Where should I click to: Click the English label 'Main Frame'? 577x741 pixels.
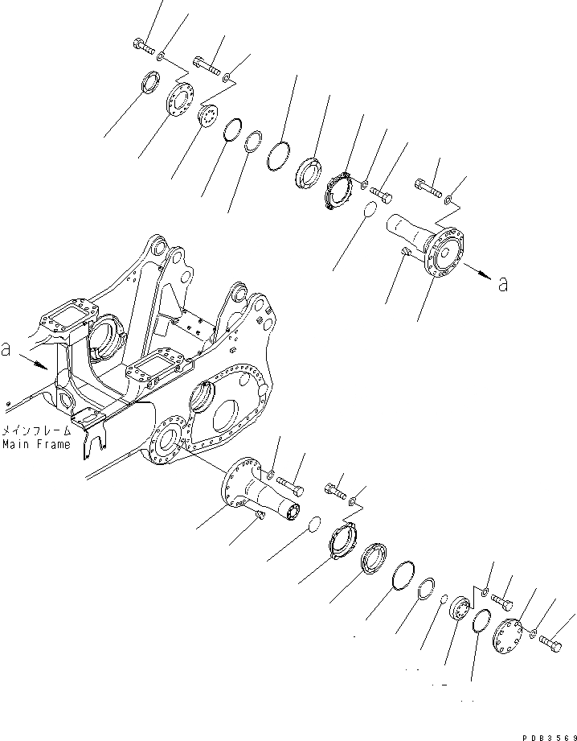35,444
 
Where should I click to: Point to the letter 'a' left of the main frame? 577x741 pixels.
7,352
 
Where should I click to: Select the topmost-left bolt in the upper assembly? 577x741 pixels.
143,46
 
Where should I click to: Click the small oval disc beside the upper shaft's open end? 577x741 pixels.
368,212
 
